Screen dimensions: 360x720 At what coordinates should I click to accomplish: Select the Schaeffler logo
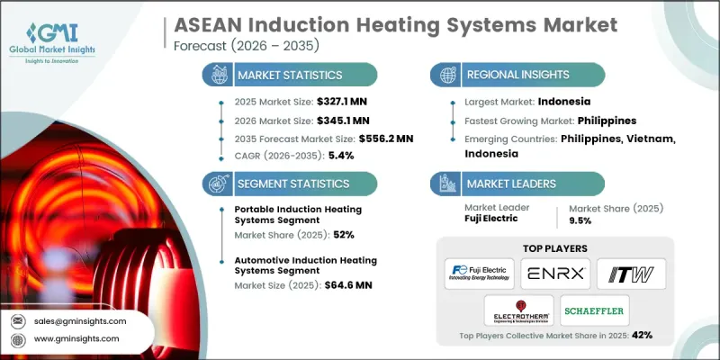[594, 310]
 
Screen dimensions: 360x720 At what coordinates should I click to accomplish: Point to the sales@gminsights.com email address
[80, 320]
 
